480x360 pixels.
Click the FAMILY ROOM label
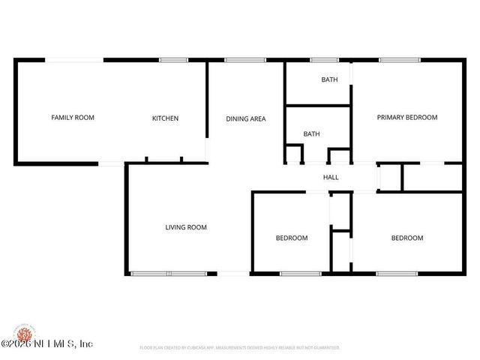73,118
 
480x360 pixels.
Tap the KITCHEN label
165,118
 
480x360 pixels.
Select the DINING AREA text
246,118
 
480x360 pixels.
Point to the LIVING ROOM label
186,227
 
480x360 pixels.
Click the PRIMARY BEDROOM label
407,118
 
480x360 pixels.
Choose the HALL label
331,178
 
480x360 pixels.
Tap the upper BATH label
329,79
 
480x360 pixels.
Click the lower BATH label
311,134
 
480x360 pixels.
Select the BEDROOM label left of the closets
292,238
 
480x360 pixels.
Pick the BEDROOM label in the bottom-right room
407,238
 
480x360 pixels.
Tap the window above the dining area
240,60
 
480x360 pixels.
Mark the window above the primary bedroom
394,60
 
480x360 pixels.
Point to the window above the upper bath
324,60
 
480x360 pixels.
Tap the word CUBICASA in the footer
204,348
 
